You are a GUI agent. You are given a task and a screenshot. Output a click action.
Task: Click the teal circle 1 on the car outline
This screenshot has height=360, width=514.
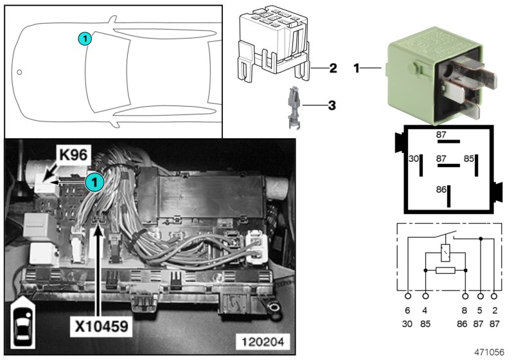pos(85,39)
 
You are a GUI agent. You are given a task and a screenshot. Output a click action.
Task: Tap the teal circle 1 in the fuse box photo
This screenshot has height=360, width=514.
pos(94,182)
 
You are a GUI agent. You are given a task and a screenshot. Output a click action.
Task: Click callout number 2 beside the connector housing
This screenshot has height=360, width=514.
pos(333,67)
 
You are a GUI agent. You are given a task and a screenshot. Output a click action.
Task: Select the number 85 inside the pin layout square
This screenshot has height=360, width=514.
pos(470,157)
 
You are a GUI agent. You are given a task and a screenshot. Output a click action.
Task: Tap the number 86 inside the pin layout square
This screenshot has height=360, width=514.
pos(441,190)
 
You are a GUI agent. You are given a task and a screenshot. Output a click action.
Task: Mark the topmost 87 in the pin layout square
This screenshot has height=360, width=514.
pos(441,134)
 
